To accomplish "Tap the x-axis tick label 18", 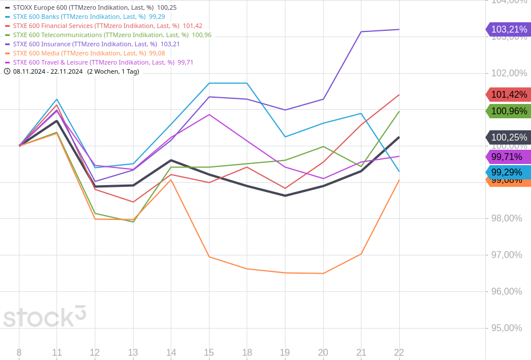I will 247,353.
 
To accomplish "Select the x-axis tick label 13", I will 132,353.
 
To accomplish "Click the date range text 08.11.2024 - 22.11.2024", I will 48,71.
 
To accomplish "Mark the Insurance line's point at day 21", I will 361,32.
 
